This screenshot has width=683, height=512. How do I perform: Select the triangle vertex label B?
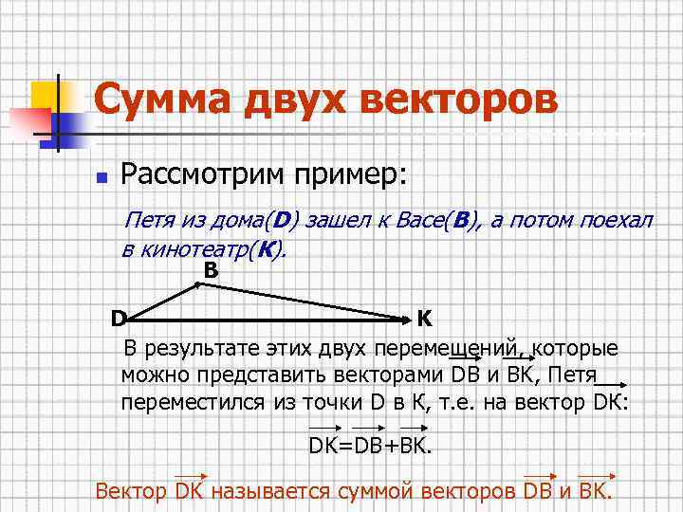(x=211, y=271)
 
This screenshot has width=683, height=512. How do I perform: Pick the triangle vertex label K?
(x=426, y=317)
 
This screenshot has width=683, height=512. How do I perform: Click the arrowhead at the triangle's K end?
(x=406, y=312)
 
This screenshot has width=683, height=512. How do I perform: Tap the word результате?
(x=195, y=347)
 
